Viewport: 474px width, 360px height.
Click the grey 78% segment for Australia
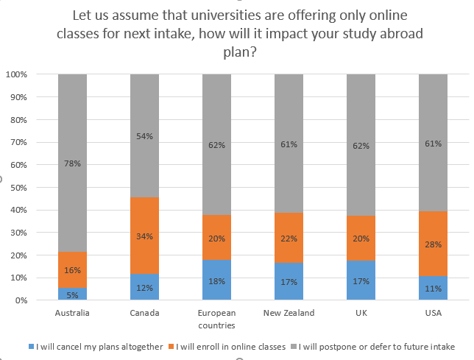point(72,163)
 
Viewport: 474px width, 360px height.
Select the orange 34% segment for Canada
point(144,235)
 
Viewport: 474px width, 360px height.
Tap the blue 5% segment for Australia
point(72,294)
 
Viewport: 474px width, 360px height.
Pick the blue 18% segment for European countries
point(216,280)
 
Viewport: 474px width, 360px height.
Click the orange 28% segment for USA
point(433,244)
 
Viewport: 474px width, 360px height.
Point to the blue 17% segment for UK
point(361,280)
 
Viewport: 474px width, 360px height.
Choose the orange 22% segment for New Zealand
point(289,238)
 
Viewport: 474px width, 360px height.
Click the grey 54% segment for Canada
point(144,135)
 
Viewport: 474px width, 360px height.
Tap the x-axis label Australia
point(72,313)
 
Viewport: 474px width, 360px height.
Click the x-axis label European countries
point(216,318)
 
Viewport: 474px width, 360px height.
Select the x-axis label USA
point(433,313)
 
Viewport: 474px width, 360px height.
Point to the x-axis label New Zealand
point(289,313)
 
